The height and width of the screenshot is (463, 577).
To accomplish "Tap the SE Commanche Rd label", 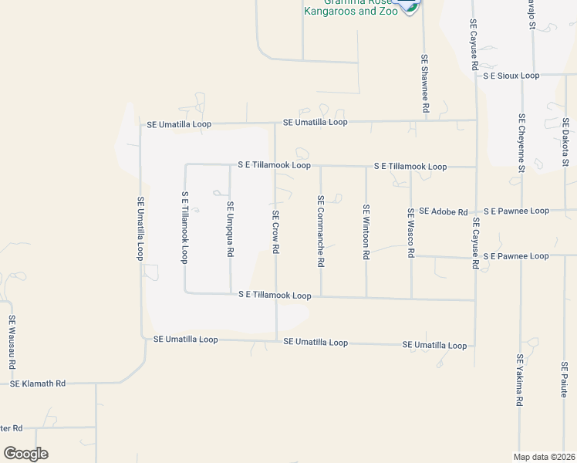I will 320,231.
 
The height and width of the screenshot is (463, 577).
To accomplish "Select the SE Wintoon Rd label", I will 366,231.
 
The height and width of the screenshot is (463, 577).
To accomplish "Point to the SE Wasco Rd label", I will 411,232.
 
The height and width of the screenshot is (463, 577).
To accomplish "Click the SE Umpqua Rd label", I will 230,229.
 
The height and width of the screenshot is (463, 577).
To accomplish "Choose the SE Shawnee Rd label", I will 424,84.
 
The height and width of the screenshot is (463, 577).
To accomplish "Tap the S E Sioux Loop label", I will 511,76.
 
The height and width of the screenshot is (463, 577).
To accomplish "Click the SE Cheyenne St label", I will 521,144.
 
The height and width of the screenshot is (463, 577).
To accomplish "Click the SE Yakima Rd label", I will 520,381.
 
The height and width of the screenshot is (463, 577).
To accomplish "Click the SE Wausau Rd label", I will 12,342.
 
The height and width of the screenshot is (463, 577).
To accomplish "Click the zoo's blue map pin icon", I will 408,6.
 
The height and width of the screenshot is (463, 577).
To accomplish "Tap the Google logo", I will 25,454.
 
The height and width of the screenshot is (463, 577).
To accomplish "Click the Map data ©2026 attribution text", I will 545,456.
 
